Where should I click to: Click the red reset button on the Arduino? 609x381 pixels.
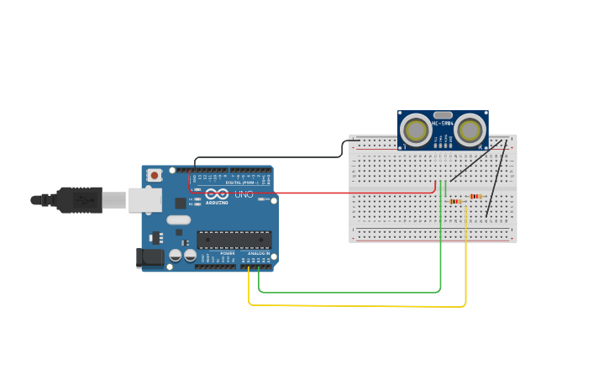155,175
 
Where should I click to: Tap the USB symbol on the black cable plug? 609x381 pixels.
84,200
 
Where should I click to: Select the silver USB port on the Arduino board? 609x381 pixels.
144,199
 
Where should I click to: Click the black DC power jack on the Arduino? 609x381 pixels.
150,257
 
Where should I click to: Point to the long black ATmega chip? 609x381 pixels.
234,240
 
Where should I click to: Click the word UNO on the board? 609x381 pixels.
244,194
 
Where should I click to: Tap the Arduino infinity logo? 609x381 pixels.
217,193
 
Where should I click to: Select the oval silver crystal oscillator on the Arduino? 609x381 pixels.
179,220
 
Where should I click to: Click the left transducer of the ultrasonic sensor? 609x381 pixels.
415,130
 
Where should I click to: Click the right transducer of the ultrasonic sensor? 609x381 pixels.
470,130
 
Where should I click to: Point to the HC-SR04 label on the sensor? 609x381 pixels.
443,124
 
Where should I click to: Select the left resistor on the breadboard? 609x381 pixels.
456,202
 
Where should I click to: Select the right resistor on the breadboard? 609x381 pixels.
475,197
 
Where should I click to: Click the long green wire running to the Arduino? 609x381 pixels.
353,293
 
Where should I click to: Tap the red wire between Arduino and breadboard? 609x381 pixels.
353,193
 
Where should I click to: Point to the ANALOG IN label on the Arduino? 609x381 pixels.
258,252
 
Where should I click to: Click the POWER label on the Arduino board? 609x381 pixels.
228,252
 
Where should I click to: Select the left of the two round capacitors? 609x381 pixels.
176,255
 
